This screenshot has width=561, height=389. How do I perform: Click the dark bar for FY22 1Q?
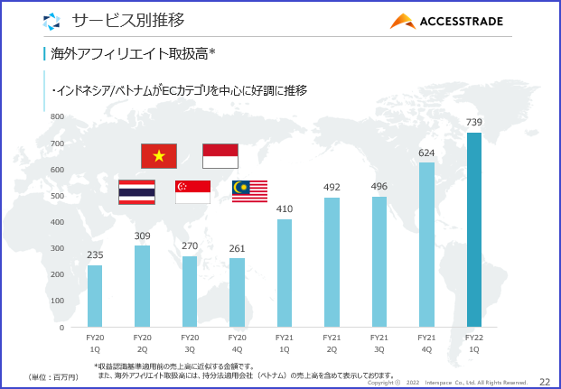[473, 229]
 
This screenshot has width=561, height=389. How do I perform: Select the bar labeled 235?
[95, 295]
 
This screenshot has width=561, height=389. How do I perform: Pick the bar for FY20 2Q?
[142, 285]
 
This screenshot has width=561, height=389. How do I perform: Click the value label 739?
[473, 122]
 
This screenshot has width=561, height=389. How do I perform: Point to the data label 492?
[332, 187]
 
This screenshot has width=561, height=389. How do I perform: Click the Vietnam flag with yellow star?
[159, 156]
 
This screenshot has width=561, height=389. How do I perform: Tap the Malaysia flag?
[249, 190]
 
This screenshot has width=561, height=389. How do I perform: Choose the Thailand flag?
[137, 191]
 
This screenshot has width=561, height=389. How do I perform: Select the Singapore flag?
[192, 191]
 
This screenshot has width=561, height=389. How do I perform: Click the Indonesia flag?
[220, 156]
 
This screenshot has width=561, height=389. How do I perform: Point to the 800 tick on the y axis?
[57, 116]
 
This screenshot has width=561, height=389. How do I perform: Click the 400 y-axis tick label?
[57, 222]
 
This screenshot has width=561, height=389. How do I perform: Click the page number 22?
[544, 382]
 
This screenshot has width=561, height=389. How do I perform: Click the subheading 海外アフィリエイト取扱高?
[132, 54]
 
